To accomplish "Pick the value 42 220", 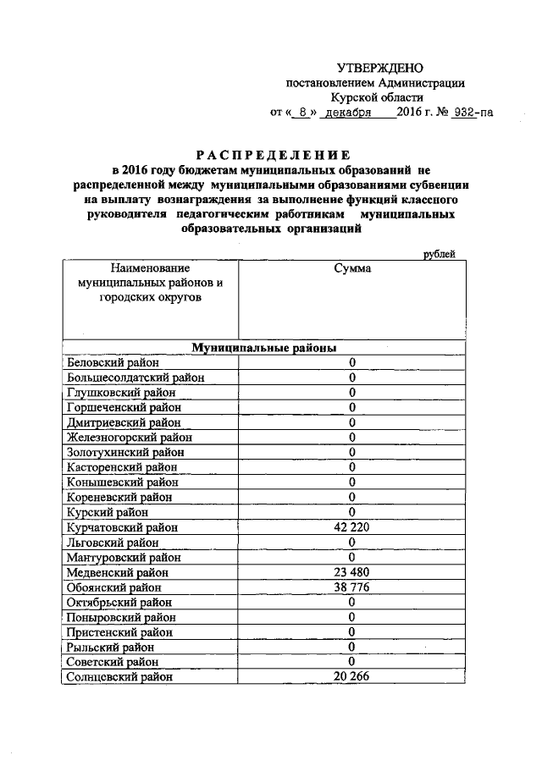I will [x=351, y=526].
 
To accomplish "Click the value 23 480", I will [x=351, y=571].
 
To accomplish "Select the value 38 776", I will [x=351, y=586].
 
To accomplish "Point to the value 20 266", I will [x=351, y=675].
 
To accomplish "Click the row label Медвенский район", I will [x=118, y=571].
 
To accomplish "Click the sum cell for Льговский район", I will [x=351, y=542].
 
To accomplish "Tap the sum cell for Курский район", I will [x=351, y=512].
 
